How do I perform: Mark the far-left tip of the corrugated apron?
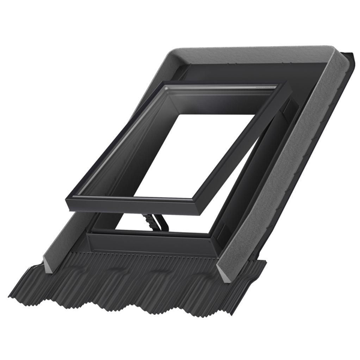coord(10,295)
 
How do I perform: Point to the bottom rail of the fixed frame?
coord(150,243)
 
